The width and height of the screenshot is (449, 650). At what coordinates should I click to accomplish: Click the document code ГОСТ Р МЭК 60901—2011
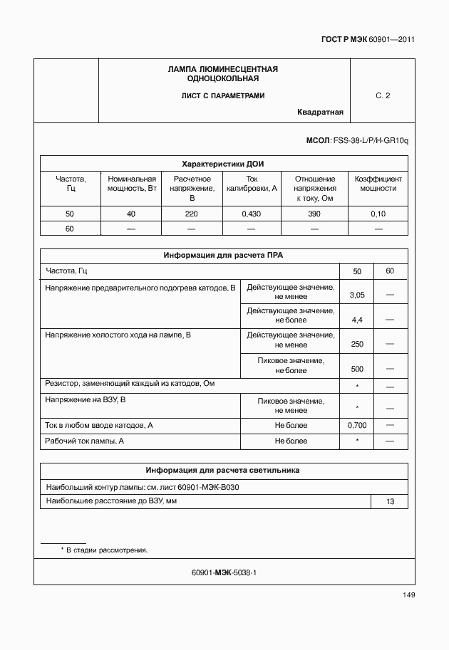click(363, 40)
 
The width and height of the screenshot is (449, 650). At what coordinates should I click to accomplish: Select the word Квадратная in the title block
click(320, 112)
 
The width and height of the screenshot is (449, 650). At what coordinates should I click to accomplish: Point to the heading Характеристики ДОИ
click(223, 163)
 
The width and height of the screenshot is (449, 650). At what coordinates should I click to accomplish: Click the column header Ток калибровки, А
click(252, 184)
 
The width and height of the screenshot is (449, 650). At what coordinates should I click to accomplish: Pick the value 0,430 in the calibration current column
click(252, 214)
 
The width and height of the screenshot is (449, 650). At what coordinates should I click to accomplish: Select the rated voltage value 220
click(191, 214)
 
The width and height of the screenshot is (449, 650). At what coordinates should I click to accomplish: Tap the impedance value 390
click(314, 214)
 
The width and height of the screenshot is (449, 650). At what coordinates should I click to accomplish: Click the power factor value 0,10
click(378, 214)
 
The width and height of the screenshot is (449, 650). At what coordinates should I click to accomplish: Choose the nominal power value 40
click(131, 214)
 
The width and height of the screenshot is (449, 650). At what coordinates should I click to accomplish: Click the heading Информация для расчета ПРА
click(223, 255)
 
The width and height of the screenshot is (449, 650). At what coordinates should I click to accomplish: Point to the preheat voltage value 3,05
click(357, 295)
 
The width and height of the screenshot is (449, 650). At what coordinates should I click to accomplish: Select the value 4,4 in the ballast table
click(357, 320)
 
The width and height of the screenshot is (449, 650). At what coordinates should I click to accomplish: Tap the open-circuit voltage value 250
click(357, 345)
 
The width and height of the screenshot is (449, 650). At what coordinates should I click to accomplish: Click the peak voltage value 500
click(357, 369)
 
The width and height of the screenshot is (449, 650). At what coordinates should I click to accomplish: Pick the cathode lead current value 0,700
click(357, 425)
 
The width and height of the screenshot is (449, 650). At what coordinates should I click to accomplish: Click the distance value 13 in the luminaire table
click(390, 502)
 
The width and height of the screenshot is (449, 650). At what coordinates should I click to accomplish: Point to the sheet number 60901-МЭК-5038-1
click(224, 572)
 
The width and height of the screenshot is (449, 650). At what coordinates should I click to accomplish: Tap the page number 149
click(408, 594)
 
